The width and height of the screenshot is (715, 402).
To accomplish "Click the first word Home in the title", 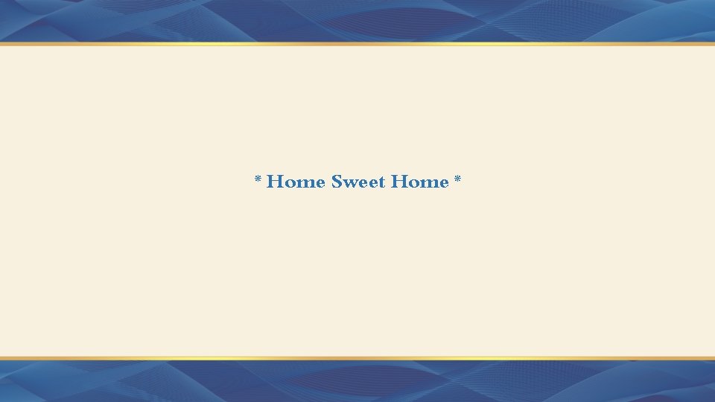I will (x=296, y=182).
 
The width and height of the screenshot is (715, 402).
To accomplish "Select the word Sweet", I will (x=358, y=182).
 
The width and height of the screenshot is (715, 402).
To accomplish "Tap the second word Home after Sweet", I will (x=420, y=182).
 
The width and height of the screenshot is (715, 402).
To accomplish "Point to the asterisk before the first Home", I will (x=258, y=179).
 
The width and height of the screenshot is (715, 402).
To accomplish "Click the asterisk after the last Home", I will (x=457, y=179).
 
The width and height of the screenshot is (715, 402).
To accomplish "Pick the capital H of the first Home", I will (x=274, y=182).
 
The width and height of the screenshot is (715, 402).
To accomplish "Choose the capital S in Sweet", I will (x=337, y=182).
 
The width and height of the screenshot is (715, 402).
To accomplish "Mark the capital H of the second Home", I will (x=398, y=182).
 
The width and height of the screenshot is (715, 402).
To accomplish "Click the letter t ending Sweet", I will (x=382, y=182).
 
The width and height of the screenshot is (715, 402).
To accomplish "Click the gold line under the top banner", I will (x=357, y=44).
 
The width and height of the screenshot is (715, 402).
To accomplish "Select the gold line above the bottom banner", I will (x=357, y=358).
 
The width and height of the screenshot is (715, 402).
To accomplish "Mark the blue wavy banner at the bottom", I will (x=357, y=381).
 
